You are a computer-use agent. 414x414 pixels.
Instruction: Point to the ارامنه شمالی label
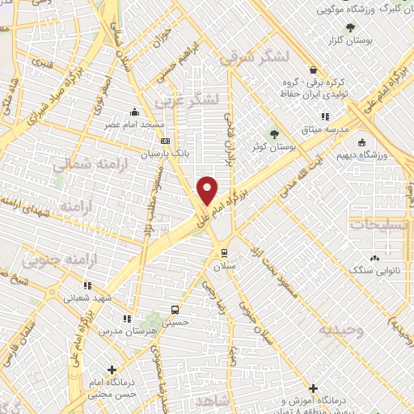click(x=80, y=164)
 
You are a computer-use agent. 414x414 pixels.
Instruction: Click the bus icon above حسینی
click(x=175, y=310)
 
